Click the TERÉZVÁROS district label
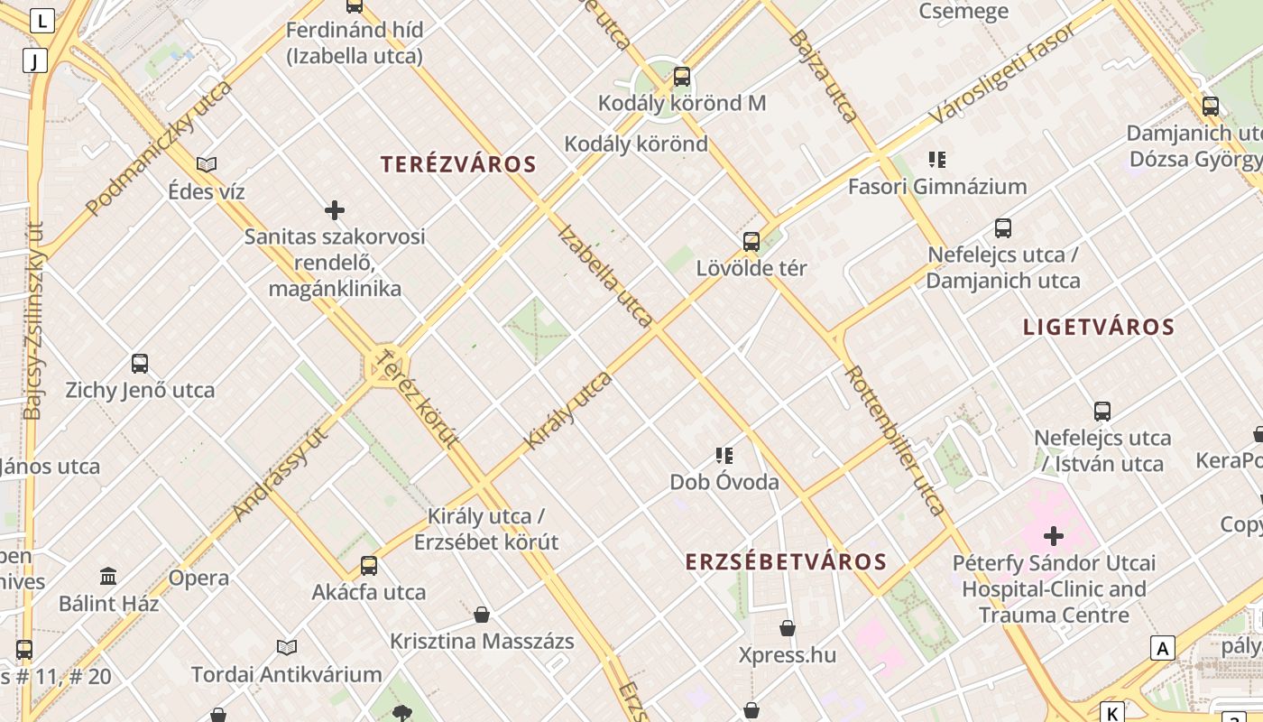[x=458, y=164]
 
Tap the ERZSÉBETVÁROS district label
[x=786, y=562]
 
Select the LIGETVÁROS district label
[x=1098, y=327]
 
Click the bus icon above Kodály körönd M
[x=682, y=77]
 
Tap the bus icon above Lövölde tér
[x=751, y=242]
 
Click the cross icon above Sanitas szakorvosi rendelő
[x=335, y=210]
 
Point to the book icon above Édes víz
[x=207, y=164]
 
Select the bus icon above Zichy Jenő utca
[x=140, y=364]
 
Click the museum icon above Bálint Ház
[x=108, y=576]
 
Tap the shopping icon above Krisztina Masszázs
[x=482, y=615]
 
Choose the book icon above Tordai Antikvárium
[x=287, y=647]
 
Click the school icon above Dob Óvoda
[x=724, y=455]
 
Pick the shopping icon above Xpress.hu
[x=788, y=628]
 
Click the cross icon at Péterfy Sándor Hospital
[x=1053, y=536]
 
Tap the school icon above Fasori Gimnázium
[x=937, y=160]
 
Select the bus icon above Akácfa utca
[x=369, y=566]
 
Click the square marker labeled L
[x=43, y=20]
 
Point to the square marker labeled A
[x=1163, y=647]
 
